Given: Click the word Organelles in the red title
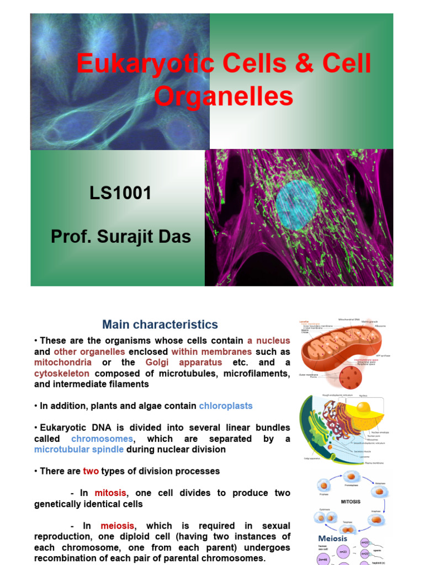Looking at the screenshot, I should tap(223, 96).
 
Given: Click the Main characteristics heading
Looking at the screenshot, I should tap(160, 325).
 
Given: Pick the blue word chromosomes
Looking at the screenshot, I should tap(102, 439).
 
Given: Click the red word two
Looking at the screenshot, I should tap(91, 471).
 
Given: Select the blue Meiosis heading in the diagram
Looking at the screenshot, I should tap(332, 539).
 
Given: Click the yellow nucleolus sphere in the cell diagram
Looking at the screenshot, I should tap(363, 408).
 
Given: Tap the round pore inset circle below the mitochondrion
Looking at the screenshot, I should tap(349, 378).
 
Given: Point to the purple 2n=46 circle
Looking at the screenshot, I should tap(324, 558).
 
